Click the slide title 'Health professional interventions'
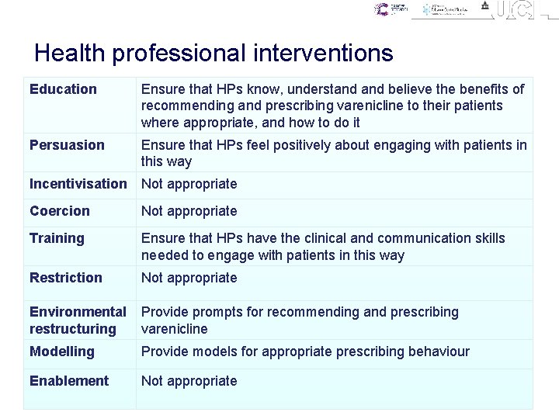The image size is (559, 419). [x=214, y=54]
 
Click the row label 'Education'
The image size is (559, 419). [x=63, y=89]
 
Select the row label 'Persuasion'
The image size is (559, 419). [x=67, y=145]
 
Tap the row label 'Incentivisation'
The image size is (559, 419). [x=78, y=184]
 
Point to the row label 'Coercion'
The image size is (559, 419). [x=60, y=211]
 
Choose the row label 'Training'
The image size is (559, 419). [x=57, y=238]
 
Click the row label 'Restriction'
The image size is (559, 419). [x=66, y=278]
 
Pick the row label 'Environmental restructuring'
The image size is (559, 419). [x=78, y=320]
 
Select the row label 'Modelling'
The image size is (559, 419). [x=61, y=351]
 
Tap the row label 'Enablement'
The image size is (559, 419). [x=69, y=381]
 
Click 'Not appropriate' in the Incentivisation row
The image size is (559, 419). [x=189, y=184]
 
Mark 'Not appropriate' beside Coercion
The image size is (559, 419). [x=189, y=211]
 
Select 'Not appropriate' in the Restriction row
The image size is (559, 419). [x=189, y=278]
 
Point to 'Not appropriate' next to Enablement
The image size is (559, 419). [x=189, y=381]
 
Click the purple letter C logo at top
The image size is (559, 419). [x=381, y=9]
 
